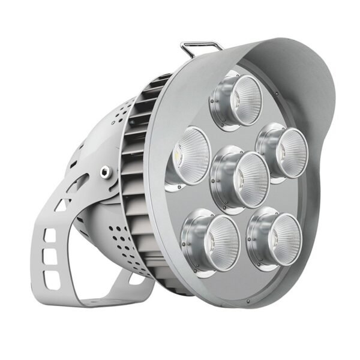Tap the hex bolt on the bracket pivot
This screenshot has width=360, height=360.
pos(106,173)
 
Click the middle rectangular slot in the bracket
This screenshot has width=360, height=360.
pos(52,257)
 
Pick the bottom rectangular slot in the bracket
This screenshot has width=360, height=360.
pos(53,279)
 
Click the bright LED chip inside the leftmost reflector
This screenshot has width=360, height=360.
pos(179,157)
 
